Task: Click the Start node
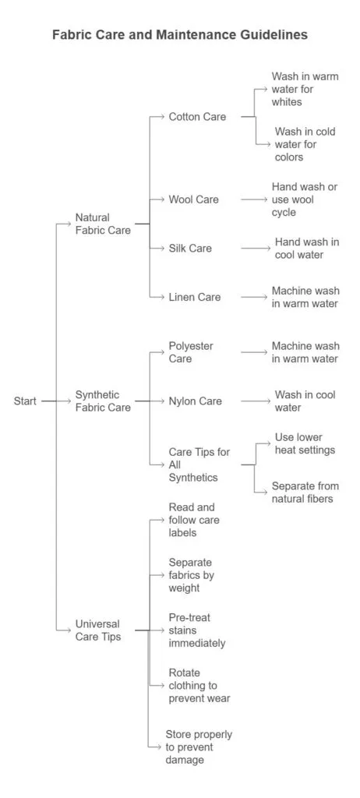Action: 25,401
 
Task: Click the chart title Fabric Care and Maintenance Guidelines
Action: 179,35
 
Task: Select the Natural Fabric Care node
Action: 103,224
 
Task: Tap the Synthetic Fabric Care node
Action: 103,401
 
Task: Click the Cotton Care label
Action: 197,116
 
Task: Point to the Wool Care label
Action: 193,199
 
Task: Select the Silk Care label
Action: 190,248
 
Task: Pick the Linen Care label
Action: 194,297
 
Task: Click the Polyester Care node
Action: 191,352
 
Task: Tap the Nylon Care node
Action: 195,401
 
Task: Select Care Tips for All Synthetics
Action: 199,464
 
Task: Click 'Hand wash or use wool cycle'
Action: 305,199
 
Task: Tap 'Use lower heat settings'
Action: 305,443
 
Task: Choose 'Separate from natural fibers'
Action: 305,492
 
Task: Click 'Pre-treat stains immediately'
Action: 197,630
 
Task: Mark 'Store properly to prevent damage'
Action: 199,747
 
